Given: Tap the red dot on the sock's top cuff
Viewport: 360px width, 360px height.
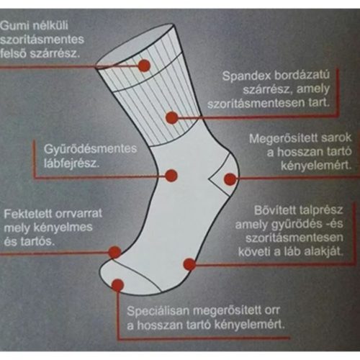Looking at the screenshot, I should tap(144, 66).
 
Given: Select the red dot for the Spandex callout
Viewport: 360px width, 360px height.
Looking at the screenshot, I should tap(171, 118).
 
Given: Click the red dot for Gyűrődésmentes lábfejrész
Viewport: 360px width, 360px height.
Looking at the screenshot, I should tap(171, 174).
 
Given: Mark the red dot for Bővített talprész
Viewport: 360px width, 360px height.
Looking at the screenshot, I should tap(189, 264).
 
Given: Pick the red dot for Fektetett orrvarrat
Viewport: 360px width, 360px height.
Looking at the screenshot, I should tap(114, 251).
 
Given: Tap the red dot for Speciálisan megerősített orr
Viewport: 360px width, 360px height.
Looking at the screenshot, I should tap(117, 285).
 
